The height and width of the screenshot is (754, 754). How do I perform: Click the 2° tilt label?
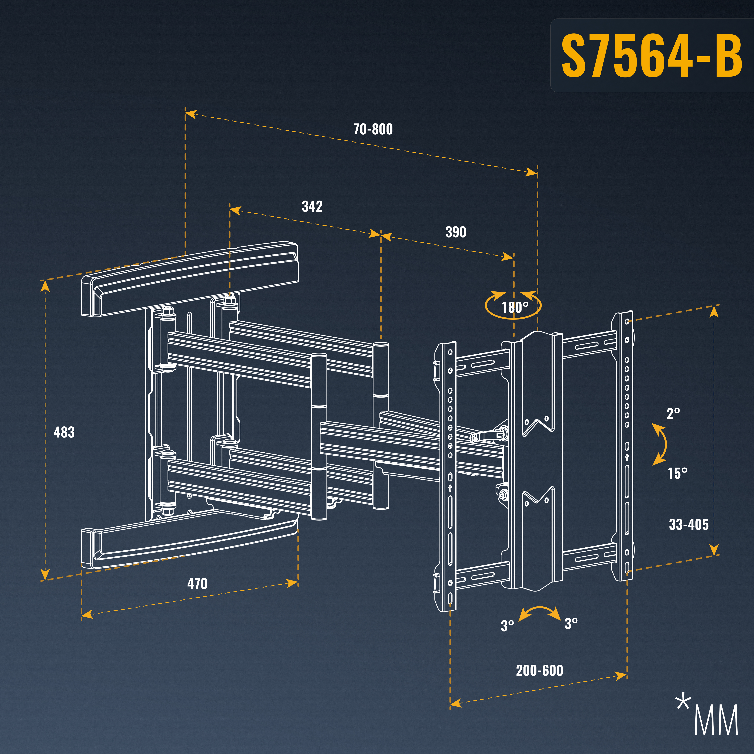coord(673,414)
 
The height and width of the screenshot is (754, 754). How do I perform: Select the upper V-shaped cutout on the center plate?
coord(538,425)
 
